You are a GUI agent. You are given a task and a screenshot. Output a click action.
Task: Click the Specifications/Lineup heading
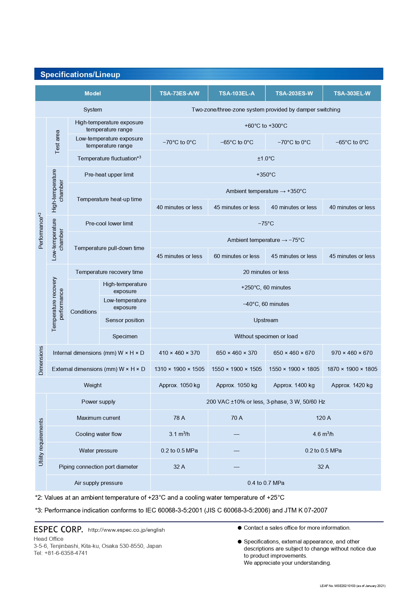point(80,74)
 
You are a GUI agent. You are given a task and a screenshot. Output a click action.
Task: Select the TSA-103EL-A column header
point(236,93)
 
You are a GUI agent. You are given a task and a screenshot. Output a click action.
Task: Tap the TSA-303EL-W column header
point(352,93)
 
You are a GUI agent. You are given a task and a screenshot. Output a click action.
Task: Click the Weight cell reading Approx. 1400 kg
point(294,385)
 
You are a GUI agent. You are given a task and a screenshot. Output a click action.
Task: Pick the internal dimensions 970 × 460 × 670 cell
point(352,353)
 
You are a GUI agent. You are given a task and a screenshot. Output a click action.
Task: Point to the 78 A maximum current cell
point(179,418)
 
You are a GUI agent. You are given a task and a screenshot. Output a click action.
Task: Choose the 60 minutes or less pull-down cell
point(236,256)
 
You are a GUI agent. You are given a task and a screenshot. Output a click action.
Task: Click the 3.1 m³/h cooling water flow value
point(179,434)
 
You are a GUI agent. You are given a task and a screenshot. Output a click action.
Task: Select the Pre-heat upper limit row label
point(109,175)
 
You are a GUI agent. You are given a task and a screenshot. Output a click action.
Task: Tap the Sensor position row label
point(125,320)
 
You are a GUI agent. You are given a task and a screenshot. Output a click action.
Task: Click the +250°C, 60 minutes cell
point(266,287)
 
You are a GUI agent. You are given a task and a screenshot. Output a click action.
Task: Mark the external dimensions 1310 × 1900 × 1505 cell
point(179,369)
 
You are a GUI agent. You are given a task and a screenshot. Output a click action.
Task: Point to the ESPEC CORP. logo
point(58,529)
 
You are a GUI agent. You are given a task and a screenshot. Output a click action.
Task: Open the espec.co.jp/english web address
point(126,530)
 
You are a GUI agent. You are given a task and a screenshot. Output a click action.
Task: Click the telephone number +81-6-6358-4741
point(66,553)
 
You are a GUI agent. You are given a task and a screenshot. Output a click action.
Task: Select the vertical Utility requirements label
point(41,442)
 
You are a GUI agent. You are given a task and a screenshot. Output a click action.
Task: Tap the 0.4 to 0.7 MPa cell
point(266,483)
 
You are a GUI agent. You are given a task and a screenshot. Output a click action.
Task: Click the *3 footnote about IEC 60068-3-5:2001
point(181,510)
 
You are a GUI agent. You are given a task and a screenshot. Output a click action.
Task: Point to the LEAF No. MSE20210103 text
point(352,586)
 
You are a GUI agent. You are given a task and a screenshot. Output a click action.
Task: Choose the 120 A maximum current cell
point(323,418)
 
